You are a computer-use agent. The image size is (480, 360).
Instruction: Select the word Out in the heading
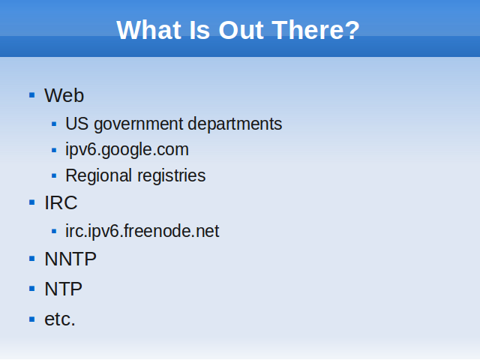click(x=241, y=30)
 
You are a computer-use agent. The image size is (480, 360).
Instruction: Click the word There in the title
click(x=307, y=30)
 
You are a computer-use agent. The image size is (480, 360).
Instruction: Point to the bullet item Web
click(x=64, y=95)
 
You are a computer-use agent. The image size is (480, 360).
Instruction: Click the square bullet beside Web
click(x=31, y=95)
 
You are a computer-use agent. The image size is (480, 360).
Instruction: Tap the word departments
click(x=235, y=124)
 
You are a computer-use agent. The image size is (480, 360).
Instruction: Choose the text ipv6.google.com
click(x=127, y=150)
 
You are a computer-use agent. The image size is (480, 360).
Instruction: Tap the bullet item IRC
click(x=61, y=202)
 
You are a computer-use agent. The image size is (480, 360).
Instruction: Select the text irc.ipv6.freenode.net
click(x=142, y=231)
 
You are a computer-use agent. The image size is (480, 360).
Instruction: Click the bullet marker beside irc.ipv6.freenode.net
click(x=54, y=231)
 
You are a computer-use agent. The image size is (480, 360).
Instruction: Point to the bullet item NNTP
click(x=70, y=259)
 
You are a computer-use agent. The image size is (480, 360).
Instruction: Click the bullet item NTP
click(x=63, y=289)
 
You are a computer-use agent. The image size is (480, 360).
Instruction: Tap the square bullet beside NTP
click(x=31, y=289)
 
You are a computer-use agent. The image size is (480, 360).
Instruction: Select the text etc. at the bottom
click(x=60, y=319)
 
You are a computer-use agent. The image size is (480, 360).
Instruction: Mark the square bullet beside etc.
click(x=31, y=319)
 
